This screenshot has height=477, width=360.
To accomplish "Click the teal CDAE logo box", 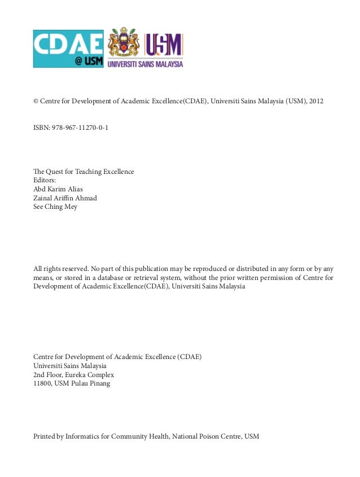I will click(68, 49).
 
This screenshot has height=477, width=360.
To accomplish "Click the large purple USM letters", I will click(164, 45).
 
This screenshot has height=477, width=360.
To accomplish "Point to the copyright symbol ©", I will click(36, 102).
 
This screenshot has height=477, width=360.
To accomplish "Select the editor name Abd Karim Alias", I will click(58, 189).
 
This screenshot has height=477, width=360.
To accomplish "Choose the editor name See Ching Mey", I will click(55, 207).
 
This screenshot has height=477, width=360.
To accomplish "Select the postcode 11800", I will click(42, 384).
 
